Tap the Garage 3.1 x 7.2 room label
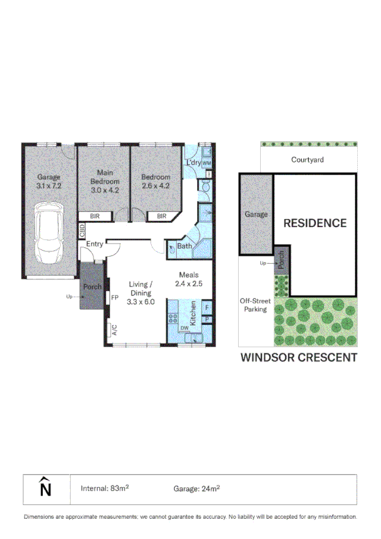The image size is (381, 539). [49, 181]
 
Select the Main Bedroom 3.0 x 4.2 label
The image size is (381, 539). [104, 181]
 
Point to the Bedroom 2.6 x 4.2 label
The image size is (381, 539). [155, 181]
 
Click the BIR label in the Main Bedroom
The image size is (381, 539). [95, 216]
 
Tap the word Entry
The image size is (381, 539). [95, 244]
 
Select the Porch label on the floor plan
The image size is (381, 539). [92, 286]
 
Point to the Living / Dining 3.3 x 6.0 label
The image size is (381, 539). [140, 293]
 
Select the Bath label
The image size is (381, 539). [184, 246]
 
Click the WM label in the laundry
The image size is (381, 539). [207, 163]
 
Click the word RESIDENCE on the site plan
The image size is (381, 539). [314, 223]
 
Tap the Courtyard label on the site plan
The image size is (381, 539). [308, 160]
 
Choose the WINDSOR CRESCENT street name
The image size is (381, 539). [298, 357]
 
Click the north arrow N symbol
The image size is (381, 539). [45, 489]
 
